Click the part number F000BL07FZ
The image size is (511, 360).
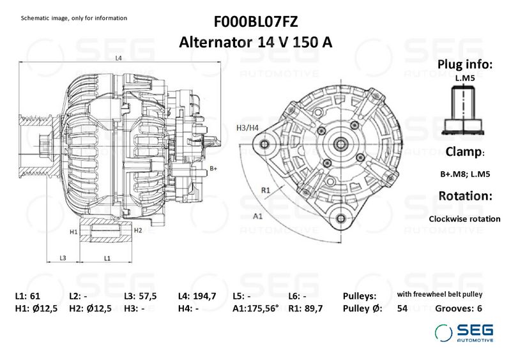[x=256, y=22]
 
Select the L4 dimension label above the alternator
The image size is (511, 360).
[x=118, y=58]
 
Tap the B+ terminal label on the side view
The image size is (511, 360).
[x=213, y=169]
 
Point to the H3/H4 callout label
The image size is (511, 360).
[x=247, y=128]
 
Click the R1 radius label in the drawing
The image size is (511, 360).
[x=266, y=190]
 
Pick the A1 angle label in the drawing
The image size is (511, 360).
[x=258, y=216]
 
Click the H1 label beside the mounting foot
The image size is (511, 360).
[x=73, y=232]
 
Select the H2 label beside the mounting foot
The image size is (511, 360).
[x=138, y=230]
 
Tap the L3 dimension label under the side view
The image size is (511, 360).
[x=63, y=258]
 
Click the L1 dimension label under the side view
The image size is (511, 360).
[x=107, y=259]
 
